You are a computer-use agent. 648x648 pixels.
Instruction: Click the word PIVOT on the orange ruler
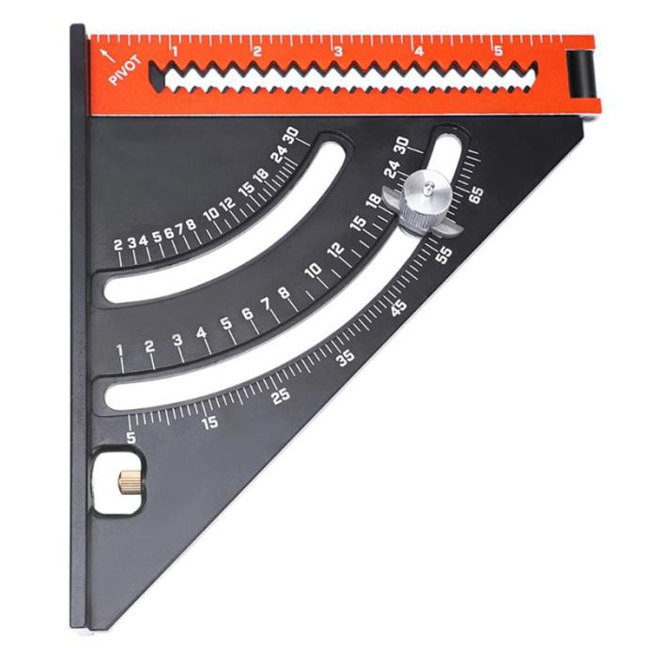pyautogui.click(x=125, y=70)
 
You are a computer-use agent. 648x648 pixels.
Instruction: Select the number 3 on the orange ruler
pyautogui.click(x=339, y=52)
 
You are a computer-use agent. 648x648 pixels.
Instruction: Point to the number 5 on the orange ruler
pyautogui.click(x=499, y=51)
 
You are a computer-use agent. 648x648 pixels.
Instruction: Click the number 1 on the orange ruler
pyautogui.click(x=175, y=52)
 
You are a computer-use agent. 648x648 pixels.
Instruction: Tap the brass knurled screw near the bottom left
pyautogui.click(x=129, y=483)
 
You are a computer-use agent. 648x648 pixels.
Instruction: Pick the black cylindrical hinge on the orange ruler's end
pyautogui.click(x=579, y=74)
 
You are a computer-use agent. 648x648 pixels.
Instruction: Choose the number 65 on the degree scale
pyautogui.click(x=476, y=194)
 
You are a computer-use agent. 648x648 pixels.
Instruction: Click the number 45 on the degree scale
pyautogui.click(x=399, y=308)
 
